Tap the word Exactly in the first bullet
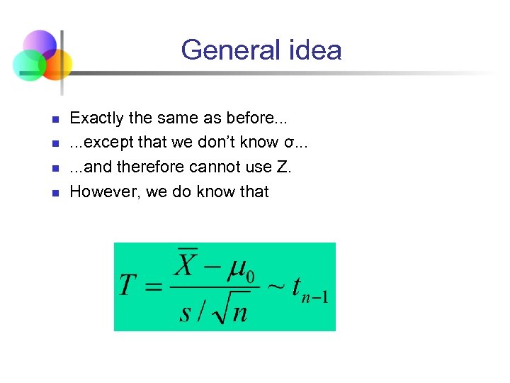pos(96,118)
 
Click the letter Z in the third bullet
pos(285,167)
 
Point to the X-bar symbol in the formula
pos(187,265)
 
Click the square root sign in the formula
pos(220,309)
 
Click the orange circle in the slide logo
pos(57,63)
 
